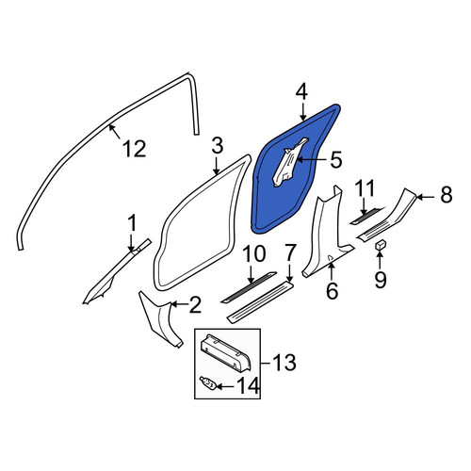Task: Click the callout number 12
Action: click(134, 149)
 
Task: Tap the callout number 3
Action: click(217, 146)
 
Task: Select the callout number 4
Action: click(301, 92)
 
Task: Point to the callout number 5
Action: click(335, 160)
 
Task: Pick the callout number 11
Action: click(365, 188)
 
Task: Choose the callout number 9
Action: click(381, 279)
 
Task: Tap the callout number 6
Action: click(332, 290)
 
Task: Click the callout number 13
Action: click(284, 363)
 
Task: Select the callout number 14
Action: click(249, 385)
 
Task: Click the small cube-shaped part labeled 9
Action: click(380, 244)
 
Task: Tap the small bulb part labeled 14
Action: click(208, 383)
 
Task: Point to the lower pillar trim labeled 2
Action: click(161, 319)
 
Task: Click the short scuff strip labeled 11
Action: click(366, 216)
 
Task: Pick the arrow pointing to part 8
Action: click(426, 197)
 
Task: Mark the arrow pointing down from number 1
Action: click(132, 241)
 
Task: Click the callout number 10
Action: click(253, 254)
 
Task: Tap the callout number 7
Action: click(289, 253)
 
